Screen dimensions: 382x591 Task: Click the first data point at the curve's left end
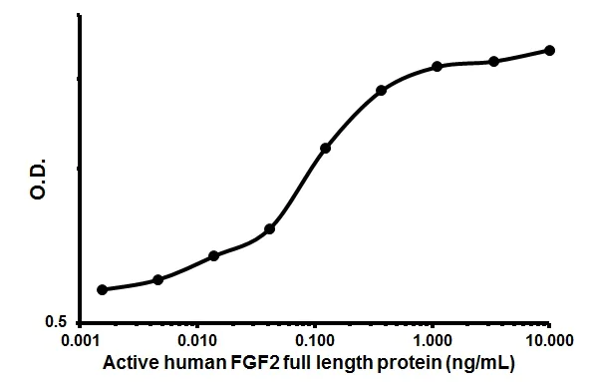pos(102,289)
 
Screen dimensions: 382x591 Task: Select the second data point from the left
pos(158,279)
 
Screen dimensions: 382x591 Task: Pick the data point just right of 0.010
pos(214,255)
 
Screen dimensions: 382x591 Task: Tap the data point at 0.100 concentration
pos(325,148)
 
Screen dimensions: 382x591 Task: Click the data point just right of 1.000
pos(438,66)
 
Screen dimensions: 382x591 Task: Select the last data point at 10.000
pos(550,50)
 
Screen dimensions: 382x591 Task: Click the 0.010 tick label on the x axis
pos(198,342)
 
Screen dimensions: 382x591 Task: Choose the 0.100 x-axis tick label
pos(315,342)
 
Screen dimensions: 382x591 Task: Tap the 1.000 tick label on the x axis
pos(433,342)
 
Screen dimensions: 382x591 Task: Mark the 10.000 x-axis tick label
pos(548,342)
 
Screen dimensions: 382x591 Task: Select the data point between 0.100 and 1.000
pos(382,91)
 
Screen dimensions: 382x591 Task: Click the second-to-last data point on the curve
pos(493,61)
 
